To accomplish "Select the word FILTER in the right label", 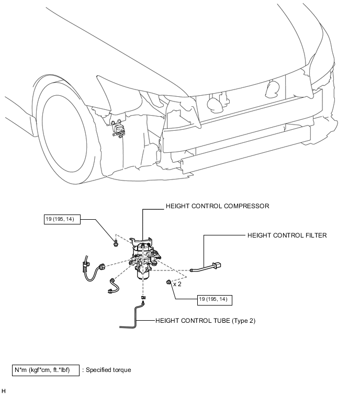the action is tap(316, 235).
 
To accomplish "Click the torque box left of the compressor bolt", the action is tap(62, 219).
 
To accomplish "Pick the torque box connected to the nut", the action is tap(215, 300).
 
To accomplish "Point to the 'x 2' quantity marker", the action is tap(177, 284).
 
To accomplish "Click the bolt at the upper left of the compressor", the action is tap(116, 243).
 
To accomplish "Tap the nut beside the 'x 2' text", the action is tap(168, 282).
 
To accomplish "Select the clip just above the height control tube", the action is tap(143, 298).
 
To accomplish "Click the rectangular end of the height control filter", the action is tap(217, 265).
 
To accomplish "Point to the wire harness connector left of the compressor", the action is tap(102, 266).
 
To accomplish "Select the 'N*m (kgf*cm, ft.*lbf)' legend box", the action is tap(46, 370).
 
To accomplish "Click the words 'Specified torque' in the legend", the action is tap(108, 370).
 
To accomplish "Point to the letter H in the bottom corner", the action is tap(4, 391).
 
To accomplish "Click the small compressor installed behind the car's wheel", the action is tap(118, 129).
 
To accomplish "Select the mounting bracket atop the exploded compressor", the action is tap(141, 241).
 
